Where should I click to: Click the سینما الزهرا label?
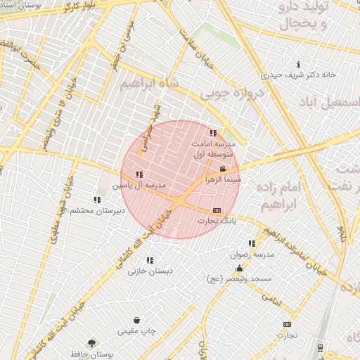tap(223, 180)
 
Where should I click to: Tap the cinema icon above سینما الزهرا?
tap(223, 169)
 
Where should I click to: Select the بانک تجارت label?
tap(217, 221)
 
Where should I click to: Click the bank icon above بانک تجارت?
tap(216, 210)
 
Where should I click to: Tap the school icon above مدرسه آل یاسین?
tap(139, 174)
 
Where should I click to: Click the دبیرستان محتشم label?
tap(97, 210)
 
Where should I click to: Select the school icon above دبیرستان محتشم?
tap(97, 200)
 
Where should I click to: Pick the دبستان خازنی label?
tap(149, 271)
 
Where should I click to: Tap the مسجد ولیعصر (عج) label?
tap(239, 279)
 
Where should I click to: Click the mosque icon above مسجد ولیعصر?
tap(239, 268)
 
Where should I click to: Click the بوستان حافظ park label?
tap(92, 354)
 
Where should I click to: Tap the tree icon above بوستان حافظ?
tap(91, 343)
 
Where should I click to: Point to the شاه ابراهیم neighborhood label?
tap(150, 84)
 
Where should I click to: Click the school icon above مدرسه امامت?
tap(213, 133)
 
